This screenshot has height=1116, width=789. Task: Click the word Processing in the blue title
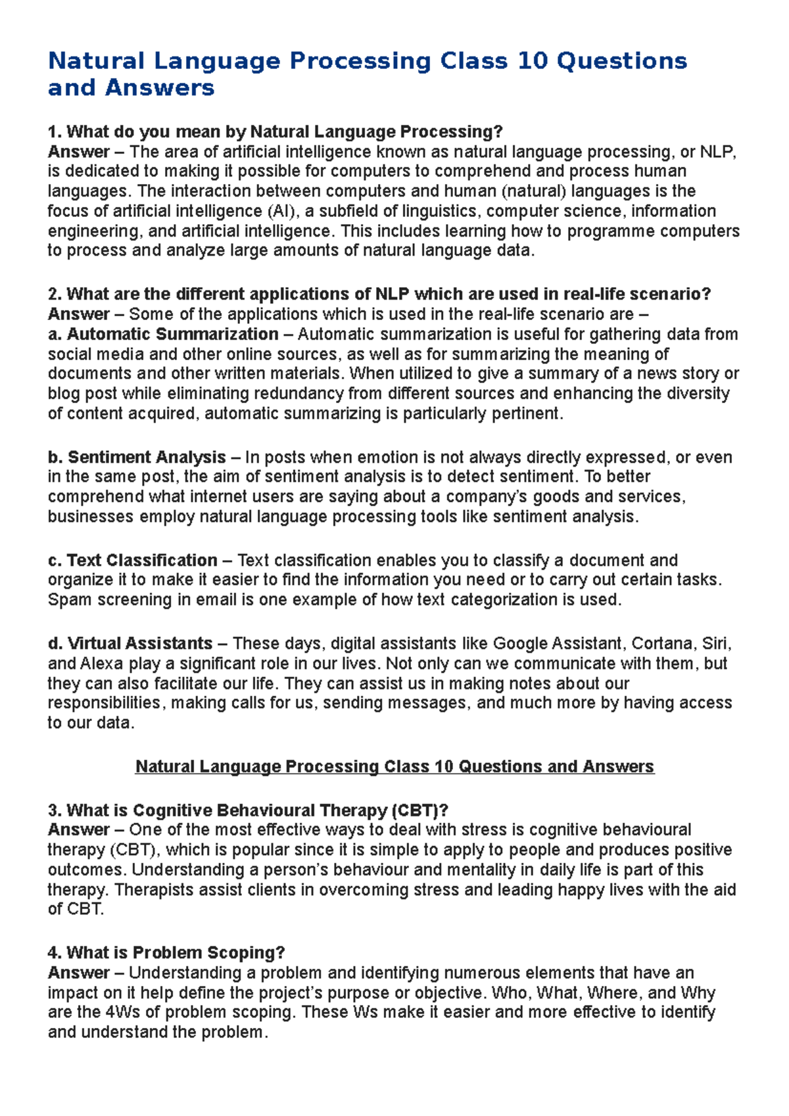360,61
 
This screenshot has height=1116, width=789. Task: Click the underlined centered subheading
394,766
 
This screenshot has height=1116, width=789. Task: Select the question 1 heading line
275,131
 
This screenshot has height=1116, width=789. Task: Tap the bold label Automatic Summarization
172,334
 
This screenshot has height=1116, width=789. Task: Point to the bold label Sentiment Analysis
147,457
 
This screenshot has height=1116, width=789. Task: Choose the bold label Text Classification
142,560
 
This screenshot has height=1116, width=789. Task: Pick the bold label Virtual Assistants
140,643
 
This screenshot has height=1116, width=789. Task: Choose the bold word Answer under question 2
78,314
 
